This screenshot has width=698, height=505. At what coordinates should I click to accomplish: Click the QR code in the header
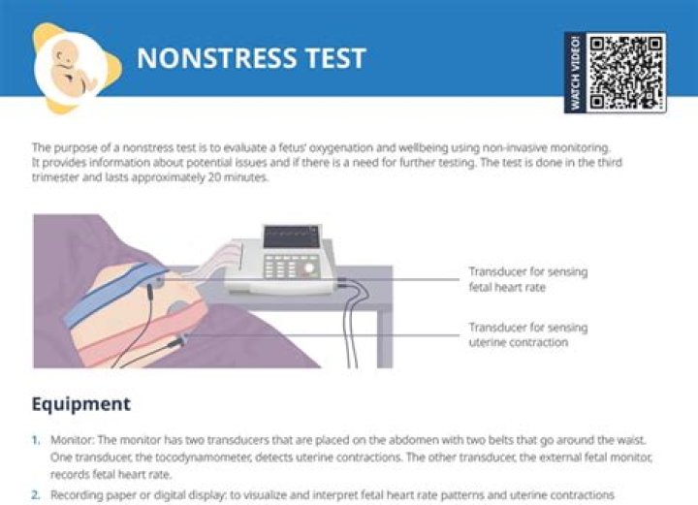click(x=625, y=74)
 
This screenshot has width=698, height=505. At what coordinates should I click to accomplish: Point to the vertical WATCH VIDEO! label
click(x=575, y=73)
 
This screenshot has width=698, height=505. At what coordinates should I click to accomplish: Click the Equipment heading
click(x=81, y=404)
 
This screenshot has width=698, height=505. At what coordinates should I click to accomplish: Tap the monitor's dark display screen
click(x=292, y=237)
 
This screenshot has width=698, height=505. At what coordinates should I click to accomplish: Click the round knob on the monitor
click(x=309, y=268)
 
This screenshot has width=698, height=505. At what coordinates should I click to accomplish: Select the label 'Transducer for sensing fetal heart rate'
click(x=528, y=279)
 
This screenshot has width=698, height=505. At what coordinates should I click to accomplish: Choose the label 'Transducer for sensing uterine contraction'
click(x=528, y=334)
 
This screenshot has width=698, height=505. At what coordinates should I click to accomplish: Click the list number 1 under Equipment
click(x=36, y=440)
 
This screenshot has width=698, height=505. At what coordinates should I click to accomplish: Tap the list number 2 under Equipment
click(x=36, y=495)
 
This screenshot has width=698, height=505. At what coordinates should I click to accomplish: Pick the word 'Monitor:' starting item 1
click(x=72, y=440)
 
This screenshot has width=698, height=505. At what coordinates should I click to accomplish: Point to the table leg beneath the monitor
click(x=385, y=338)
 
